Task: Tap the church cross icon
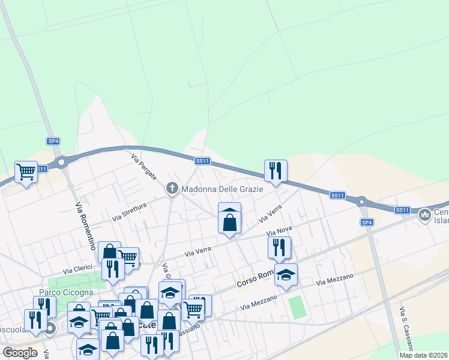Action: click(x=172, y=189)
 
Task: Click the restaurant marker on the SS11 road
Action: click(x=276, y=170)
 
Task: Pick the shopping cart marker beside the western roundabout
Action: click(x=26, y=172)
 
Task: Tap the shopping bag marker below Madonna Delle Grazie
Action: click(x=229, y=221)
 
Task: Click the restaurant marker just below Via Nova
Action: click(x=279, y=247)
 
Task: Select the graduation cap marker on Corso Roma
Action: click(x=286, y=275)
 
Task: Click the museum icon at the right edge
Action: click(x=425, y=214)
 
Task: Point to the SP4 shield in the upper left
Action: click(x=53, y=141)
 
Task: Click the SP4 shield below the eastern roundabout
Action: click(x=367, y=223)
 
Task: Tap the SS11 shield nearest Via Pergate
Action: click(x=202, y=161)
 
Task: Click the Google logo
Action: click(x=20, y=353)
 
